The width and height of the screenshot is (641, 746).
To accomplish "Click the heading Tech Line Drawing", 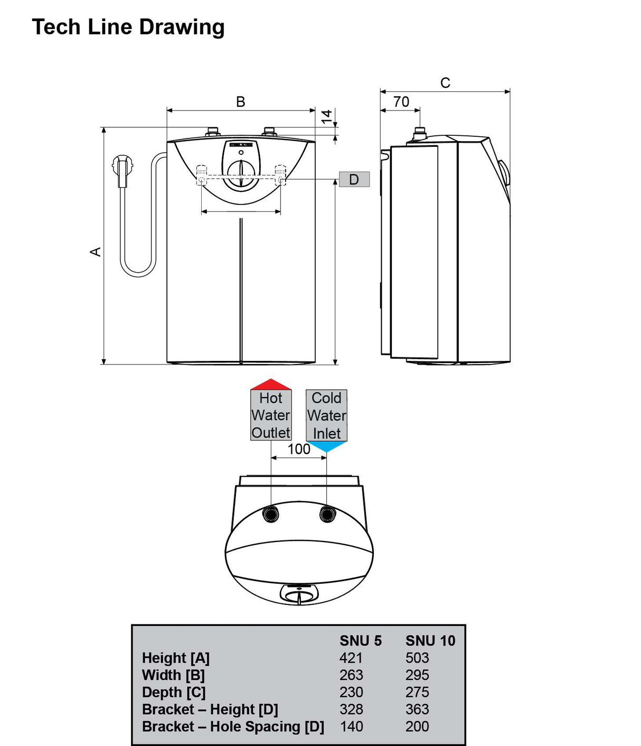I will (128, 27).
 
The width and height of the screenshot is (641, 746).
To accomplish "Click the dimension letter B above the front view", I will (240, 102).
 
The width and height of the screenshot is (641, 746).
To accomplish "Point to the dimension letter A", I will (96, 251).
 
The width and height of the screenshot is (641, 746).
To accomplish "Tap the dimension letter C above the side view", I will (445, 83).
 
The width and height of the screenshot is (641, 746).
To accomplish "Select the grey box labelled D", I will (354, 180).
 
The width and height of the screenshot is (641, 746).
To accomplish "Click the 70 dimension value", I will (401, 102).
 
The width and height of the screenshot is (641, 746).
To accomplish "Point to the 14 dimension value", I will (327, 116).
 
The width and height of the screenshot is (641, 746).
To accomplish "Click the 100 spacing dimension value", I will (299, 449).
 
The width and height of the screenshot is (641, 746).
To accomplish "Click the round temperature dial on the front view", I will (241, 173).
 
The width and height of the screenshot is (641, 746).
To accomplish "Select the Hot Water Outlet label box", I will (271, 415).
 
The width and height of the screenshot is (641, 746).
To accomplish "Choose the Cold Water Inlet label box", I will (327, 416).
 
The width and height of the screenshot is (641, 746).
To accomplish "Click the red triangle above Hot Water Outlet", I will (271, 384).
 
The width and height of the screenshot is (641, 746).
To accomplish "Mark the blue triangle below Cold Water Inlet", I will (327, 447).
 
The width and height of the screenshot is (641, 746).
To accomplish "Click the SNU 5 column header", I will (361, 641).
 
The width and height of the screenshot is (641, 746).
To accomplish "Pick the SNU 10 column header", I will (430, 641).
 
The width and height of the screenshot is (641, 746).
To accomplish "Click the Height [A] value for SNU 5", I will (351, 658).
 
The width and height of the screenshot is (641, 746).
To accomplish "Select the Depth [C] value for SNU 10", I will (417, 692).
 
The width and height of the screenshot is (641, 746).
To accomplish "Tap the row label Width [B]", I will (173, 675).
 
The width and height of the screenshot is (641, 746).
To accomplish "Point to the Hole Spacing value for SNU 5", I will (352, 726).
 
